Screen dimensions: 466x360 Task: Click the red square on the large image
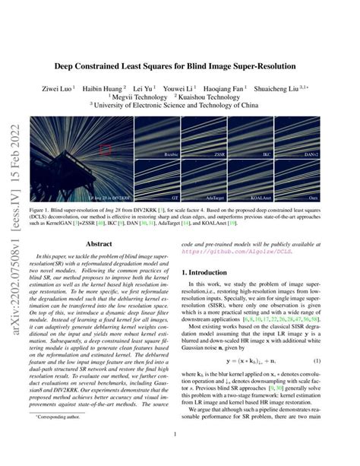pyautogui.click(x=106, y=149)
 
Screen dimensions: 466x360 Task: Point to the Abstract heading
pyautogui.click(x=98, y=244)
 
